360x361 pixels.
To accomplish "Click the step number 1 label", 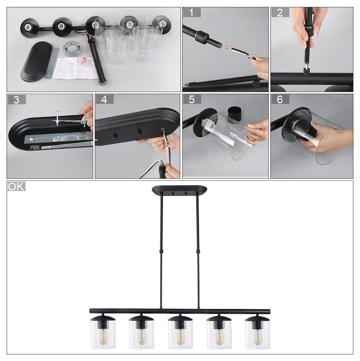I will coord(192,13).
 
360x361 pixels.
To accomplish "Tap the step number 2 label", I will coord(280,13).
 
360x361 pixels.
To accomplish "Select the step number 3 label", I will coord(16,100).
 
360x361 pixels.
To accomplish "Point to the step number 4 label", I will coord(105,100).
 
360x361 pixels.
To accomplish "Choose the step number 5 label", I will coord(192,100).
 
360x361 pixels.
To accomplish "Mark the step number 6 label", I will coord(280,100).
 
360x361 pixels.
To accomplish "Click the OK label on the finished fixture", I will coord(16,187).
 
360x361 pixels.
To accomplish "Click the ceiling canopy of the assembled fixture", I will coord(179,190).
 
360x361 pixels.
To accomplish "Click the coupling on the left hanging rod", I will coord(161,251).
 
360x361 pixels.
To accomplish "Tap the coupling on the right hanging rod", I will coord(198,251).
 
